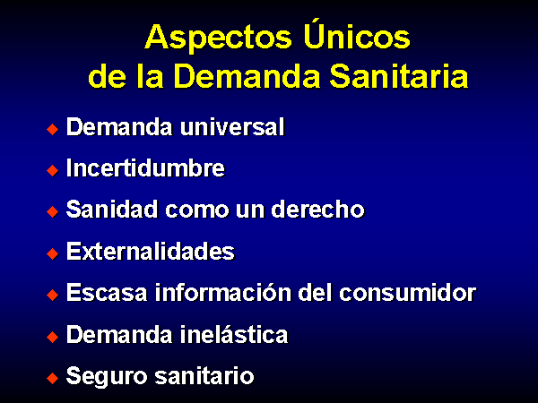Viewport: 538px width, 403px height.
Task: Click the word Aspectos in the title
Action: coord(218,39)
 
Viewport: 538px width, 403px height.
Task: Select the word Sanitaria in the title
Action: coord(399,76)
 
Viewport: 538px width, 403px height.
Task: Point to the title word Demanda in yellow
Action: coord(247,76)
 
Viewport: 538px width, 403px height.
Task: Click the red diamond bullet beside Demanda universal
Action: coord(53,129)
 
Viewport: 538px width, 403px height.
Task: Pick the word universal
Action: coord(232,127)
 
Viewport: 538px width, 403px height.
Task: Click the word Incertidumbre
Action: coord(145,168)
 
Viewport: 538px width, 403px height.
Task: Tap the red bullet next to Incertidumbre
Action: coord(53,170)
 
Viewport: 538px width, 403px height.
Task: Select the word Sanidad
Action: coord(112,209)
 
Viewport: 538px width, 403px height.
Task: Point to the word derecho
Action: coord(317,210)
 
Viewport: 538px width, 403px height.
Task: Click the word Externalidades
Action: coord(151,251)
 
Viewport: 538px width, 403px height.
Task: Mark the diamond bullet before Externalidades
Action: coord(53,253)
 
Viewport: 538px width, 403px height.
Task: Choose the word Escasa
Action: coord(107,293)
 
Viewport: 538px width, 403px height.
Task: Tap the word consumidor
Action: coord(408,293)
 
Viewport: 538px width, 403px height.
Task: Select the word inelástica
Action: coord(234,334)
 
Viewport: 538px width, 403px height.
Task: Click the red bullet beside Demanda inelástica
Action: coord(53,337)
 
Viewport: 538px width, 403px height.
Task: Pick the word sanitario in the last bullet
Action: coord(204,375)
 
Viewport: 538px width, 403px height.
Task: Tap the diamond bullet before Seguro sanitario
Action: coord(53,378)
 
